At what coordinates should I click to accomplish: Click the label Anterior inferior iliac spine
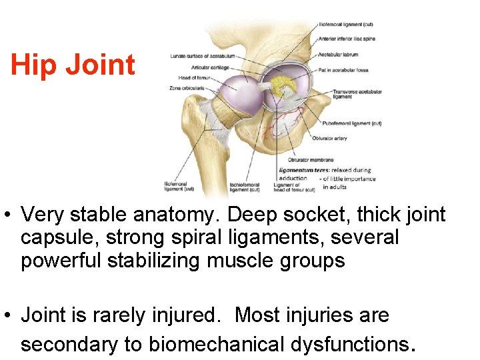347,39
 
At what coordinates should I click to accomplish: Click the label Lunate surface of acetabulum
198,56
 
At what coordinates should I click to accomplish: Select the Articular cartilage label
193,67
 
